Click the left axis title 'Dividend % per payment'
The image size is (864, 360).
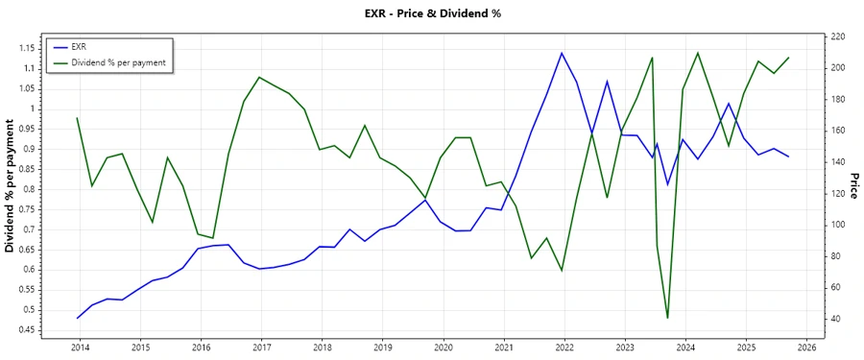click(12, 186)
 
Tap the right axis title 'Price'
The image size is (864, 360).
click(852, 186)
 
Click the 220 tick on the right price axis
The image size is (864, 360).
click(838, 36)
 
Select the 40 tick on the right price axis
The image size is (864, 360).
click(835, 319)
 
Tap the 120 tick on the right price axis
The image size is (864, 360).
click(838, 193)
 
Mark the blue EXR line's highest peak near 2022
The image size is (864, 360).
click(562, 53)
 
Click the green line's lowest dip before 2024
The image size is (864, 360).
click(667, 318)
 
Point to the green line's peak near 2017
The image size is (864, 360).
click(260, 77)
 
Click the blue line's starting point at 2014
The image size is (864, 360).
click(77, 318)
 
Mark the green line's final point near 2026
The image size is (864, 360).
click(789, 57)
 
